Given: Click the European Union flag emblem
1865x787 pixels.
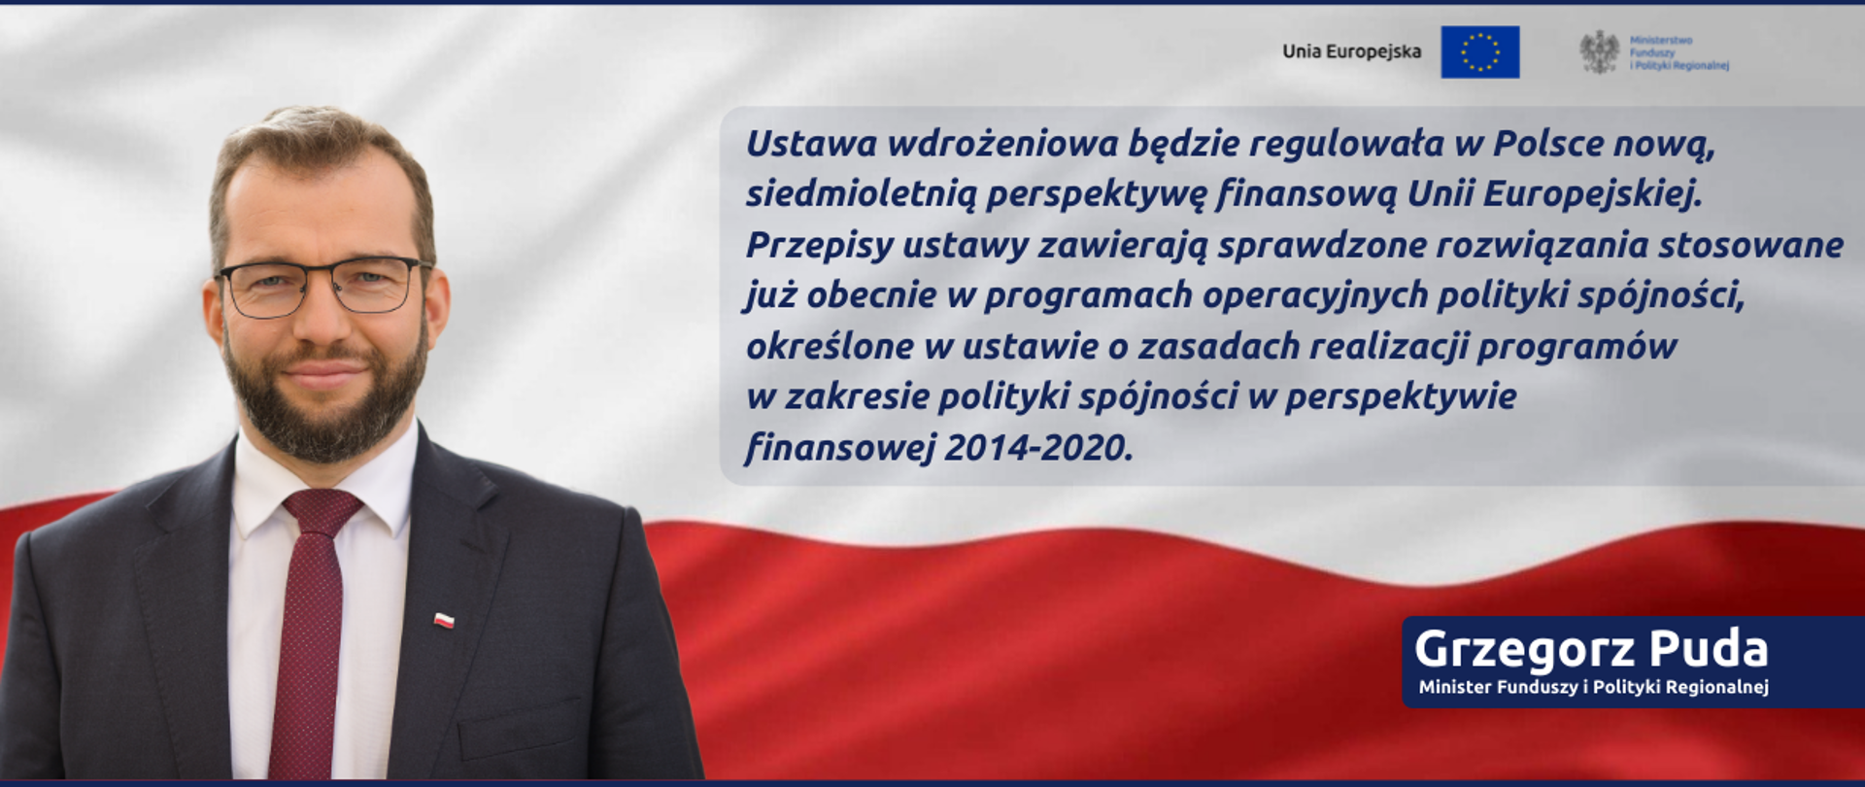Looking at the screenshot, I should (x=1479, y=51).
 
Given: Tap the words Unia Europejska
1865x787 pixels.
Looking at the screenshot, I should (x=1351, y=51).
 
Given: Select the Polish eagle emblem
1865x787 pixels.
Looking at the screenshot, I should (x=1599, y=51).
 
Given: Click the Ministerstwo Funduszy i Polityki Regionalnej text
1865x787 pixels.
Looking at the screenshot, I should (x=1678, y=52).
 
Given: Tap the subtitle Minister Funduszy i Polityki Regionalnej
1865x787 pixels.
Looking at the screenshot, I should (x=1593, y=687).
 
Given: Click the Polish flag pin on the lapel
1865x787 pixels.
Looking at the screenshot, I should (x=444, y=620).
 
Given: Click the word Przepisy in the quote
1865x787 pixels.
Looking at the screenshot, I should (x=818, y=245).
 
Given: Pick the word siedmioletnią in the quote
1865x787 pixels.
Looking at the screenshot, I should (x=861, y=194).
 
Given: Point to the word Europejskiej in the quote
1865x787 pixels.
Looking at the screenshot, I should (x=1593, y=194).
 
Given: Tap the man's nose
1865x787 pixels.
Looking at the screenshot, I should (x=321, y=321).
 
